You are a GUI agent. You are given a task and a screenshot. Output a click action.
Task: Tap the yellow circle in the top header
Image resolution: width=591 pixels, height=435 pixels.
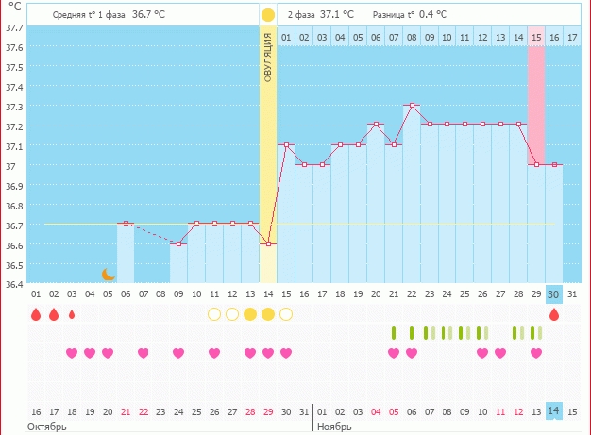268,15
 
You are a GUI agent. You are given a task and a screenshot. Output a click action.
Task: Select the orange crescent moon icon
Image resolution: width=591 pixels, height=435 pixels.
109,274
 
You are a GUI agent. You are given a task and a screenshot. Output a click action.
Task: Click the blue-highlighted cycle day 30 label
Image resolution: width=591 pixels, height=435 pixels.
554,293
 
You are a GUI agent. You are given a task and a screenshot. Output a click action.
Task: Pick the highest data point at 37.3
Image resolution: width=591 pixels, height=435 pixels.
412,106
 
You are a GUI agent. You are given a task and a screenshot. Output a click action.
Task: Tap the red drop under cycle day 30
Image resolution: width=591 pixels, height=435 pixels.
554,314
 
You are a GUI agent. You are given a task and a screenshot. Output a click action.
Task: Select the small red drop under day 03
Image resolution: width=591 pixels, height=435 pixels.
72,314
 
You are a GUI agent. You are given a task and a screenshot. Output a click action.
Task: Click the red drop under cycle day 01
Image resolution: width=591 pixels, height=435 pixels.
36,314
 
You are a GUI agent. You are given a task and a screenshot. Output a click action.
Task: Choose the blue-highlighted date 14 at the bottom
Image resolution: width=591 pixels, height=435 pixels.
554,411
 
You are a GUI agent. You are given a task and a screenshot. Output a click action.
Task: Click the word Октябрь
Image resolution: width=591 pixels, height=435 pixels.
45,427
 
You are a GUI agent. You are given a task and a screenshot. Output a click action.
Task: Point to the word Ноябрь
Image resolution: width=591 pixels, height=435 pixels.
334,427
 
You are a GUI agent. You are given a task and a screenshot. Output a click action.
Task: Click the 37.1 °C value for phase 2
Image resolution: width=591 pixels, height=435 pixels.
337,15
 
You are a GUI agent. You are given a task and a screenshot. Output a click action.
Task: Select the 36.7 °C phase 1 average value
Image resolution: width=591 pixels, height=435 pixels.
148,15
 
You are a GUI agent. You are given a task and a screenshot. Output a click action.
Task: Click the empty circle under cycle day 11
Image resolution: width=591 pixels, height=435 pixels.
214,314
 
